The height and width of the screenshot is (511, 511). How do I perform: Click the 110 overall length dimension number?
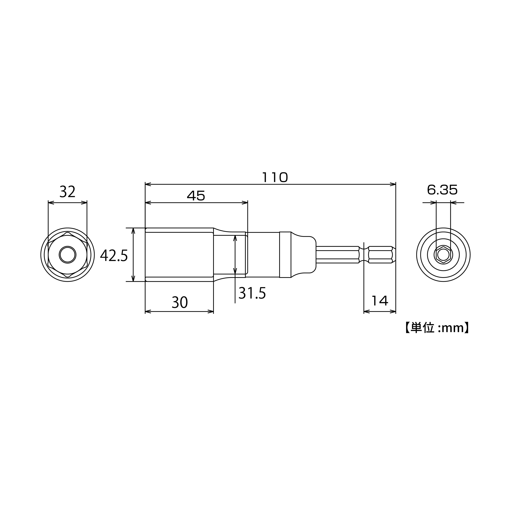(x=275, y=177)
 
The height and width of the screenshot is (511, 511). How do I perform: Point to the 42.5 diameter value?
(x=114, y=256)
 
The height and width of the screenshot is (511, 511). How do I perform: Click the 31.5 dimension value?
(x=252, y=293)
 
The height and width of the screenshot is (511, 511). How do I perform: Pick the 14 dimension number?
(x=380, y=301)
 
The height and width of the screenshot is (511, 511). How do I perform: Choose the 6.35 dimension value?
(x=442, y=190)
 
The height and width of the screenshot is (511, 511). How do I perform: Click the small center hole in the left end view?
(x=67, y=255)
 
